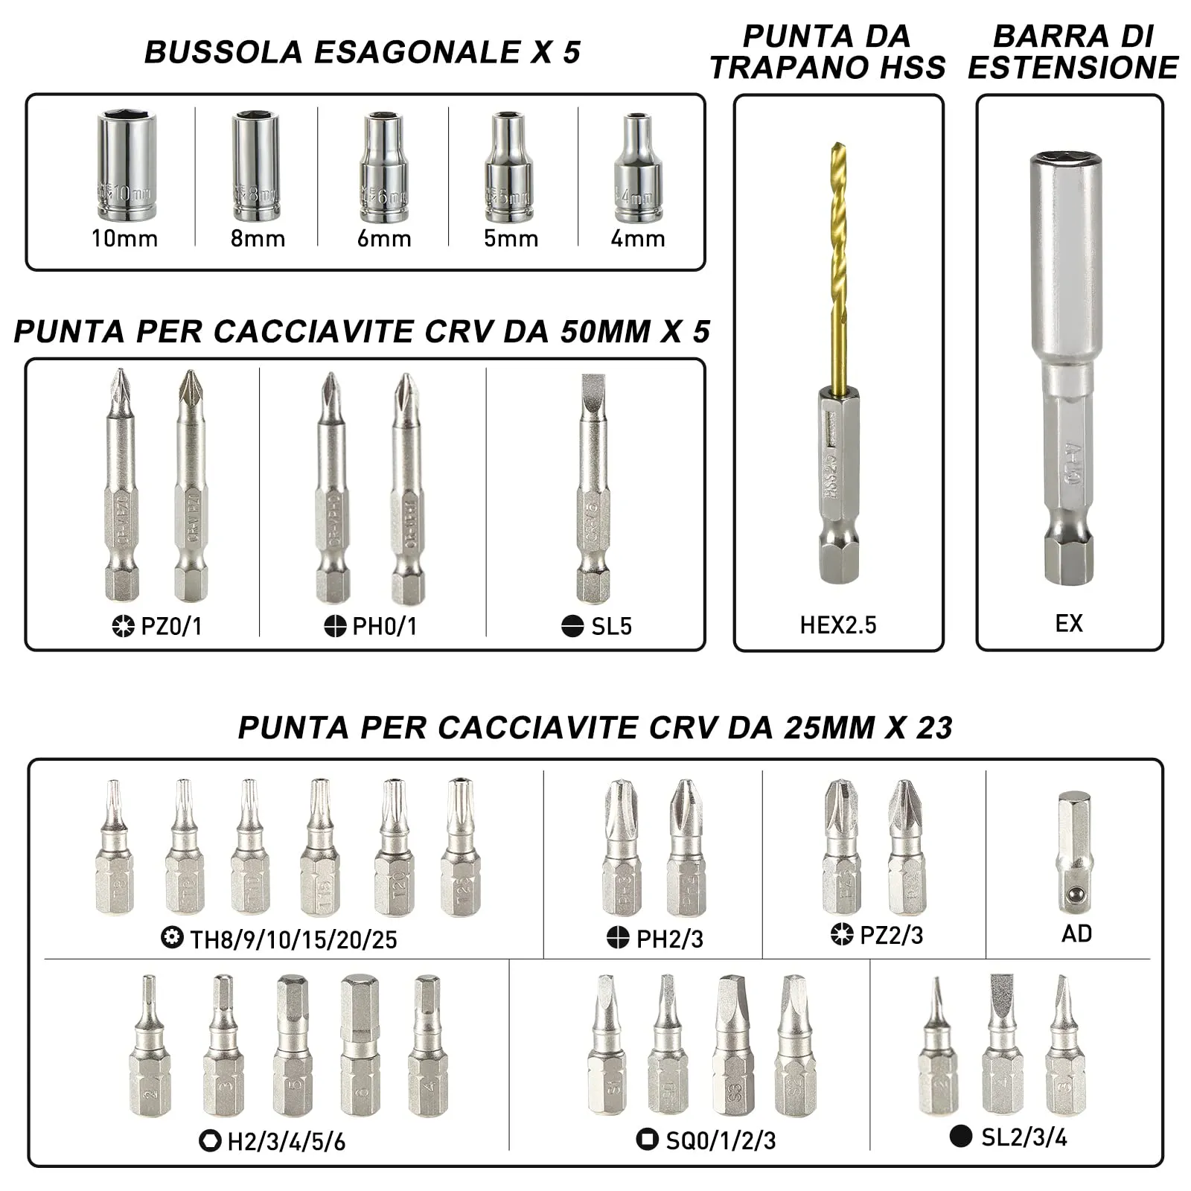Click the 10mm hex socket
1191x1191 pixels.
tap(126, 165)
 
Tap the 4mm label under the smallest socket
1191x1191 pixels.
tap(637, 239)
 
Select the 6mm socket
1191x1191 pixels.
tap(384, 168)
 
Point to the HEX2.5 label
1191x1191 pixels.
tap(838, 625)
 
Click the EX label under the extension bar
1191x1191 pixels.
tap(1069, 624)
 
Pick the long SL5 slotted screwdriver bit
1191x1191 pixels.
tap(593, 488)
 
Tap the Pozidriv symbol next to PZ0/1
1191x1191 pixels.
tap(123, 627)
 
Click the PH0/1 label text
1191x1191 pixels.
tap(384, 627)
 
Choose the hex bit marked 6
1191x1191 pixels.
tap(360, 1046)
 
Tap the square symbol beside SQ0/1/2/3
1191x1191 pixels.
tap(647, 1139)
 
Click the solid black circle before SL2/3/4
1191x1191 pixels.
tap(961, 1136)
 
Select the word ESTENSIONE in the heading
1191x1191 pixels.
tap(1073, 68)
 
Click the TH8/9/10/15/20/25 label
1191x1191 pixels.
tap(293, 940)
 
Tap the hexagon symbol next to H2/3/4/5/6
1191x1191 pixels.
tap(210, 1140)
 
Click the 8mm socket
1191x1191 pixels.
tap(255, 167)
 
